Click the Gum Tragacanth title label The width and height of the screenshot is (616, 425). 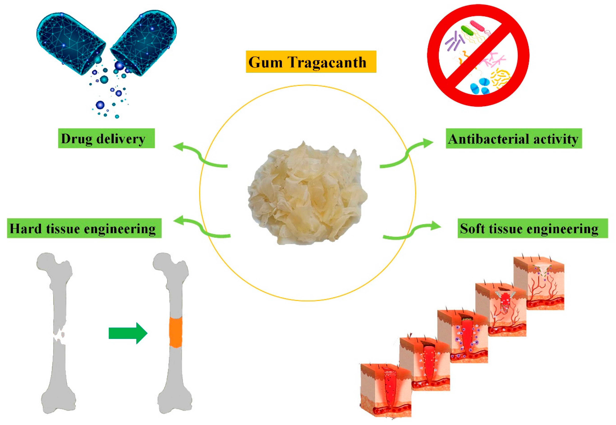(311, 62)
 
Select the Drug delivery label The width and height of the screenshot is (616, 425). (106, 138)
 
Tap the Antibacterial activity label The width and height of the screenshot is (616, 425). (514, 138)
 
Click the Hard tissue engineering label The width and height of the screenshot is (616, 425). (84, 228)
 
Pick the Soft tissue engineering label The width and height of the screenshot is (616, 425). (533, 228)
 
